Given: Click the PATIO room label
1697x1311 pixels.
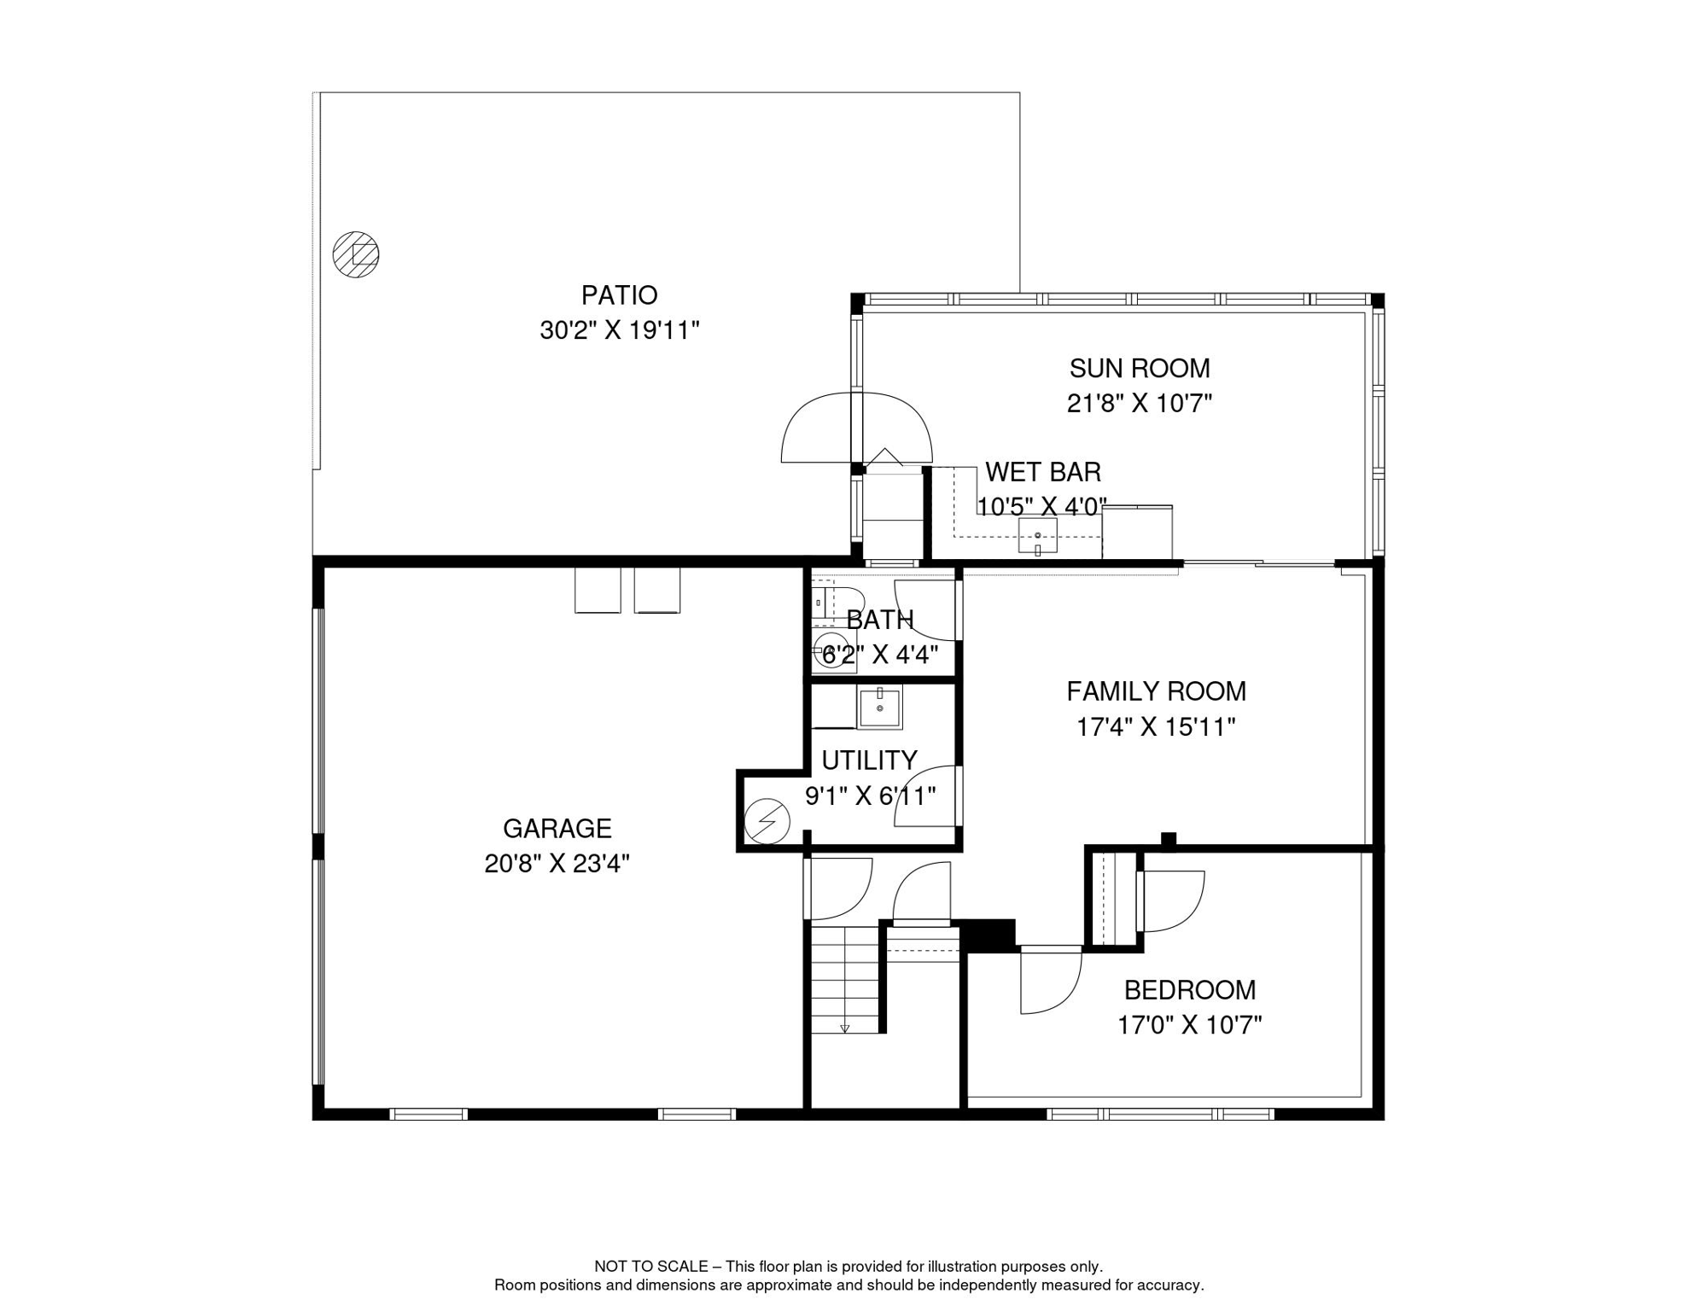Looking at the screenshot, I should coord(619,295).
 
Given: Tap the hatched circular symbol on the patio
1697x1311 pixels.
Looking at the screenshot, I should coord(356,254).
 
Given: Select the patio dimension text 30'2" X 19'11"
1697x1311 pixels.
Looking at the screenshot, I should coord(619,330).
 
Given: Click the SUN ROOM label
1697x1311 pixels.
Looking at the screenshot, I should coord(1139,369).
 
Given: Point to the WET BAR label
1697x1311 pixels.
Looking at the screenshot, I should coord(1042,472).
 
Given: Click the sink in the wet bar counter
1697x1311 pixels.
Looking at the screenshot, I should coord(1037,536).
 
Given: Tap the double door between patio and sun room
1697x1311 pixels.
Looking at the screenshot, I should coord(856,428).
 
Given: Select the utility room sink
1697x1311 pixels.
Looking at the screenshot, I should coord(879,708).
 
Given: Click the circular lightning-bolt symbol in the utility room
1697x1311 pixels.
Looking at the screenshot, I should coord(767,821).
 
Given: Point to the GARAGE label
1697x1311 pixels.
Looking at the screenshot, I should coord(557,829).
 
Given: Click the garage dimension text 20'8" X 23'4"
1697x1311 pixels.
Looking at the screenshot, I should coord(557,864).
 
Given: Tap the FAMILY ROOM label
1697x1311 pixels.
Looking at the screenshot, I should coord(1156,691).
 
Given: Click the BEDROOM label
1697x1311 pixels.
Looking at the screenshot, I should coord(1189,990).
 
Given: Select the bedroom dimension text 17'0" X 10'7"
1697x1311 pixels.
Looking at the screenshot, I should coord(1189,1025).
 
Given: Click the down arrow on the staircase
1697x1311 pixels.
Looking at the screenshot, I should coord(844,1028).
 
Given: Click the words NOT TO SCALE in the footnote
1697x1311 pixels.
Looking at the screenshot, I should coord(650,1267).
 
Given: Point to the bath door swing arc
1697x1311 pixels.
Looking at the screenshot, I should coord(925,611).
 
